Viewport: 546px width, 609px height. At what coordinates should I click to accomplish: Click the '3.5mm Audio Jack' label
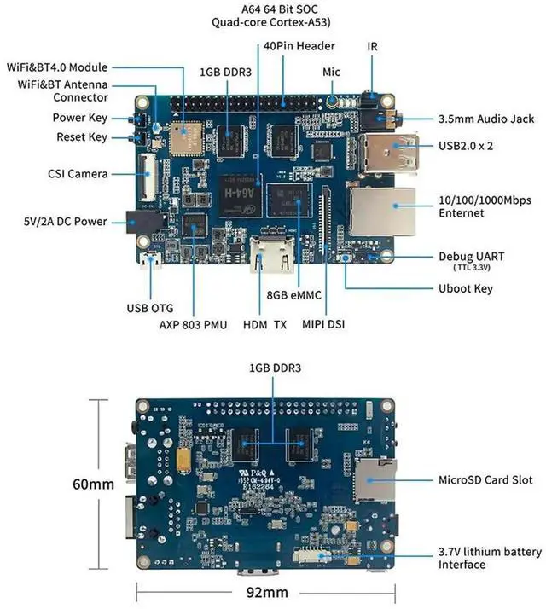pos(486,119)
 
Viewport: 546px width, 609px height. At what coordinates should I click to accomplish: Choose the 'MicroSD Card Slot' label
pos(485,480)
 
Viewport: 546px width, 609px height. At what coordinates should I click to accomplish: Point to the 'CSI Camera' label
pos(78,174)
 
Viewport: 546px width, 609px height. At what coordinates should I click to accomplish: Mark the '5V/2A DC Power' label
pos(65,222)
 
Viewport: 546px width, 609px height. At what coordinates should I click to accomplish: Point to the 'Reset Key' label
pos(82,137)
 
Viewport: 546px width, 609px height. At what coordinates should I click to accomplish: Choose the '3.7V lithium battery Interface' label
pos(490,558)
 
